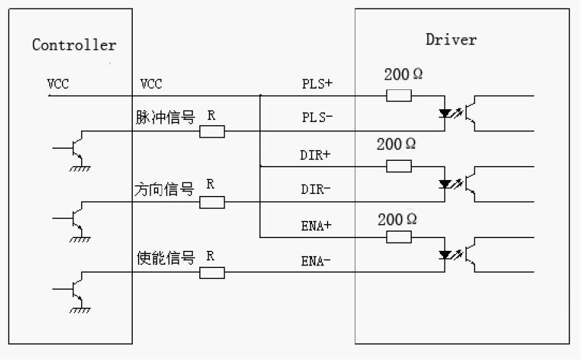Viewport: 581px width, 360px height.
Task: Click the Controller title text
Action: coord(74,45)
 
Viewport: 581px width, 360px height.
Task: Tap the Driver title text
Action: coord(451,40)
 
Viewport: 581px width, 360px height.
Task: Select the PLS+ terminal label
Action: coord(317,84)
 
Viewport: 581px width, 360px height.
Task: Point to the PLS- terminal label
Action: coord(317,118)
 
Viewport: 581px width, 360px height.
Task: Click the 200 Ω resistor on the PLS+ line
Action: coord(398,96)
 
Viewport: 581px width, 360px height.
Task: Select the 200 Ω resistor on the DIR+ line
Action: coord(398,167)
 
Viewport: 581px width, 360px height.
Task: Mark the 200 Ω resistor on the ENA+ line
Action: coord(398,237)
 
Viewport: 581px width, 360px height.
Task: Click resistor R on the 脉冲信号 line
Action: coord(212,131)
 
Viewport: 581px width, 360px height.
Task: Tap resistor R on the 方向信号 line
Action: coord(212,202)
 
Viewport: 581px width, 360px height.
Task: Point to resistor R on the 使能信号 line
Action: coord(212,273)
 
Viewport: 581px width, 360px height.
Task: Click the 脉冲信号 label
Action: coord(165,117)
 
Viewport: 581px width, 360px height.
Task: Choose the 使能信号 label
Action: coord(165,259)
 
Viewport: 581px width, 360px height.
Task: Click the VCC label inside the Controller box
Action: coord(59,84)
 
